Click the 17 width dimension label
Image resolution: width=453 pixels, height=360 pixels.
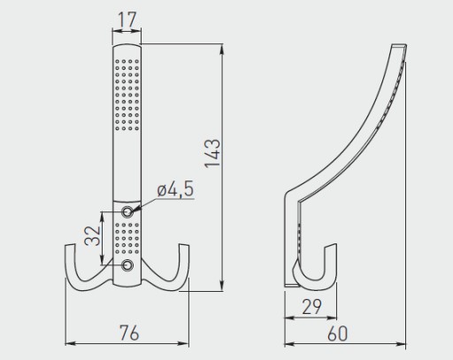pos(127,19)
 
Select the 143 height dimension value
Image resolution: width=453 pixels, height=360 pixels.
pos(212,153)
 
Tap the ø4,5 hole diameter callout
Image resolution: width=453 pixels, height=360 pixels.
pos(175,188)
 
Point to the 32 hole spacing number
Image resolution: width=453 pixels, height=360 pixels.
pos(92,236)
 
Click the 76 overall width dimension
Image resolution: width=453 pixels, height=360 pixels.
pos(129,333)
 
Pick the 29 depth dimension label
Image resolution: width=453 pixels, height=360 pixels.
pos(311,307)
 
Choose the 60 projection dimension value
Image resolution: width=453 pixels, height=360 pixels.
pos(337,333)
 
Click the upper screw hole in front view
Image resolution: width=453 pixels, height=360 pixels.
pos(127,211)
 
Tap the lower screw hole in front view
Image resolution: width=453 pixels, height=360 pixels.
pos(127,265)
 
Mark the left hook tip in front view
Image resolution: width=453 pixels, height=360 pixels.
pos(70,245)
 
